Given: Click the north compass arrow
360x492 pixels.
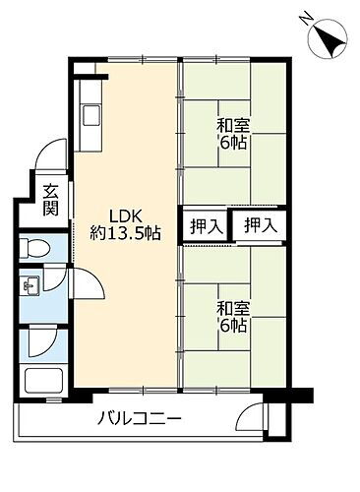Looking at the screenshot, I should (x=329, y=39).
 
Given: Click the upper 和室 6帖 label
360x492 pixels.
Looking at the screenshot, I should (x=232, y=133).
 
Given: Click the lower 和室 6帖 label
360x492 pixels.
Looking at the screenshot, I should (x=232, y=317).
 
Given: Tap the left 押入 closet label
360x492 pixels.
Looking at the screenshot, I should (x=205, y=225).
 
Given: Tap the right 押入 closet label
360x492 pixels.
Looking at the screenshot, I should (x=261, y=225).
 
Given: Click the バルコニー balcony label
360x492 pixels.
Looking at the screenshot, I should (x=139, y=420).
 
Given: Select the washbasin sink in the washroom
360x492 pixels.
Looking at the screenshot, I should (x=31, y=286).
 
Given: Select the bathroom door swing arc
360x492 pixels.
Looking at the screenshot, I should (x=45, y=339).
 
